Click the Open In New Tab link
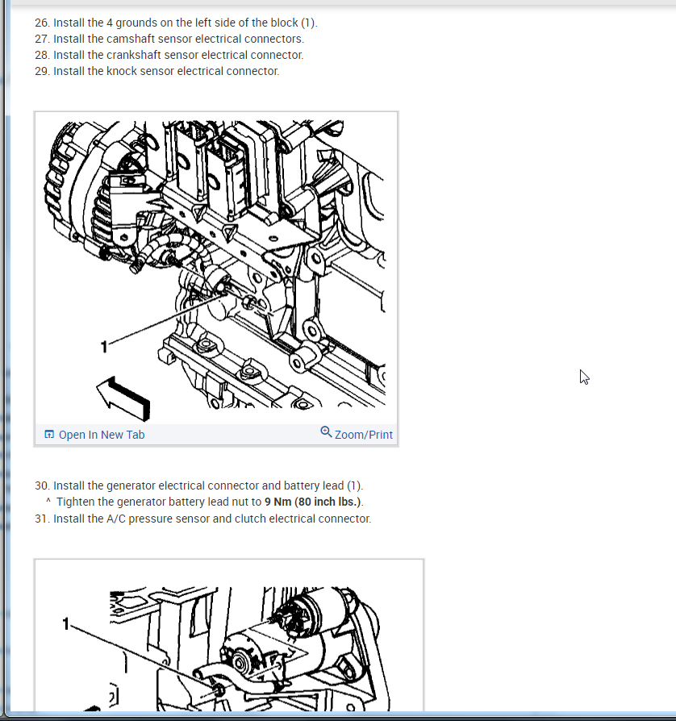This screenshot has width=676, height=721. tap(102, 435)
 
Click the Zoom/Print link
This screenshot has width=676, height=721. tap(363, 435)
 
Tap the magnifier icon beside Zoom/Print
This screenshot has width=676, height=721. tap(326, 431)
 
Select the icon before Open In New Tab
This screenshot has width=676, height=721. tap(49, 435)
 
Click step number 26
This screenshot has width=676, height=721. tap(42, 23)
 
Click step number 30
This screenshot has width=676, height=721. tap(42, 486)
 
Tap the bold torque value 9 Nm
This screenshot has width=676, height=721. tap(278, 502)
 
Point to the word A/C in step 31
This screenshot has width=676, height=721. tap(116, 519)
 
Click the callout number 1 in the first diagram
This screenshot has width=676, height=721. tap(104, 347)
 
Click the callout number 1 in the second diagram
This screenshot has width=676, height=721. tap(66, 624)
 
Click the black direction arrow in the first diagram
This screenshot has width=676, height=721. tap(123, 398)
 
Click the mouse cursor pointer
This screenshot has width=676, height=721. tap(584, 377)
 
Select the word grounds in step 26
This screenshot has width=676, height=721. tap(136, 23)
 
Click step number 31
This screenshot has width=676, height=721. tap(42, 519)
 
